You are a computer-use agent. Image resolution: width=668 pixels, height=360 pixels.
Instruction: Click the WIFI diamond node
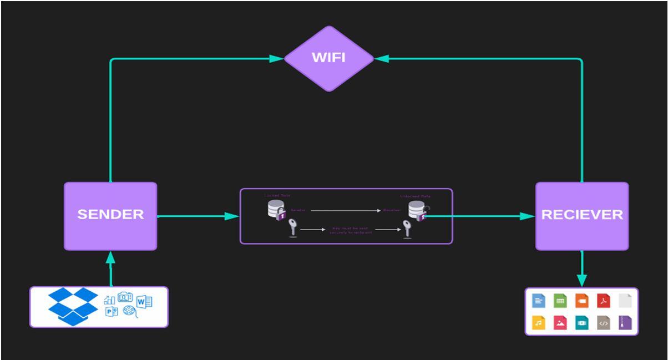pyautogui.click(x=329, y=58)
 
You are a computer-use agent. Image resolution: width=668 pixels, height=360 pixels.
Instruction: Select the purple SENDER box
pyautogui.click(x=110, y=216)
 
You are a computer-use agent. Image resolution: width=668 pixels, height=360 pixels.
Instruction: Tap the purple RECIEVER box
pyautogui.click(x=581, y=216)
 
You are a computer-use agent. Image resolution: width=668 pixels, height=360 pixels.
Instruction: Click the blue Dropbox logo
pyautogui.click(x=73, y=306)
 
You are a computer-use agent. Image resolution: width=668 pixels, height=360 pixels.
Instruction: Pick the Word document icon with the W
pyautogui.click(x=144, y=302)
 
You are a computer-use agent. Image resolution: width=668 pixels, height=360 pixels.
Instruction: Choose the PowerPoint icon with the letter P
pyautogui.click(x=112, y=312)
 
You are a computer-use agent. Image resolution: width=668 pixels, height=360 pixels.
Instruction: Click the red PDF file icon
pyautogui.click(x=603, y=301)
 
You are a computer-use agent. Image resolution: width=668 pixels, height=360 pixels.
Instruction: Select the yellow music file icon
pyautogui.click(x=539, y=323)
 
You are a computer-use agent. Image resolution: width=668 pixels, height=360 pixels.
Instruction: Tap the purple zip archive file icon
pyautogui.click(x=625, y=323)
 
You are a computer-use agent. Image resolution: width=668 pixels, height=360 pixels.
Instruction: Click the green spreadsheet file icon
pyautogui.click(x=560, y=301)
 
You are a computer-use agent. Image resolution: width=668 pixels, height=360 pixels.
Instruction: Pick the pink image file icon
pyautogui.click(x=560, y=323)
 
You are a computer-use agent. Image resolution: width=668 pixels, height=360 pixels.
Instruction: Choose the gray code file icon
pyautogui.click(x=604, y=323)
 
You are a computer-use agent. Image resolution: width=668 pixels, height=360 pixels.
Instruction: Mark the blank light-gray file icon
pyautogui.click(x=625, y=301)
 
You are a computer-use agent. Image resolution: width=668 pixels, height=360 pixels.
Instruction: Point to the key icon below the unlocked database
pyautogui.click(x=407, y=229)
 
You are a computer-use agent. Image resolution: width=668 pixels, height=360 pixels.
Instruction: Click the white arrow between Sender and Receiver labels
pyautogui.click(x=345, y=211)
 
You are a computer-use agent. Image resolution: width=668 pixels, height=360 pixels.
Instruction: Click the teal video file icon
pyautogui.click(x=582, y=323)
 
